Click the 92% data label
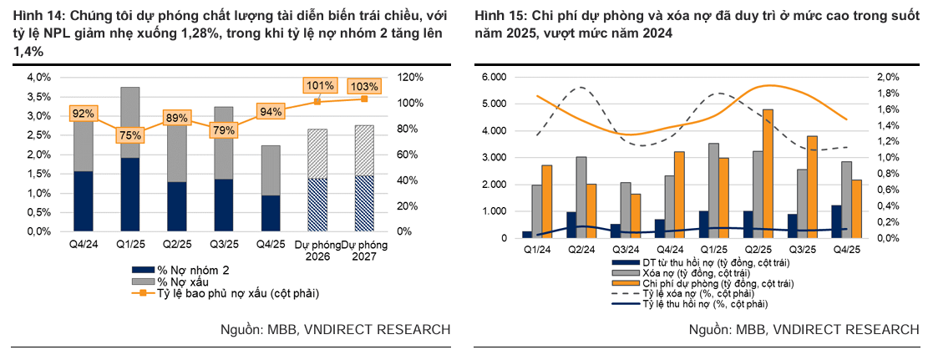click(83, 114)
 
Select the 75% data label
click(130, 134)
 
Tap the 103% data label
click(364, 87)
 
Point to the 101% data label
click(318, 85)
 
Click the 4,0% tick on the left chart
click(40, 77)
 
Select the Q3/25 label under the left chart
click(223, 246)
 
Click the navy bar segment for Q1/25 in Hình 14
click(130, 194)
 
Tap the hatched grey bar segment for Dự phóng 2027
click(364, 150)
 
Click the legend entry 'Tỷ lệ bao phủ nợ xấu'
click(226, 293)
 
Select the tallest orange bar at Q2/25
click(768, 173)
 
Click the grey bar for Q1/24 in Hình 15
click(537, 211)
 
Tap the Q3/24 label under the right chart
click(623, 249)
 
